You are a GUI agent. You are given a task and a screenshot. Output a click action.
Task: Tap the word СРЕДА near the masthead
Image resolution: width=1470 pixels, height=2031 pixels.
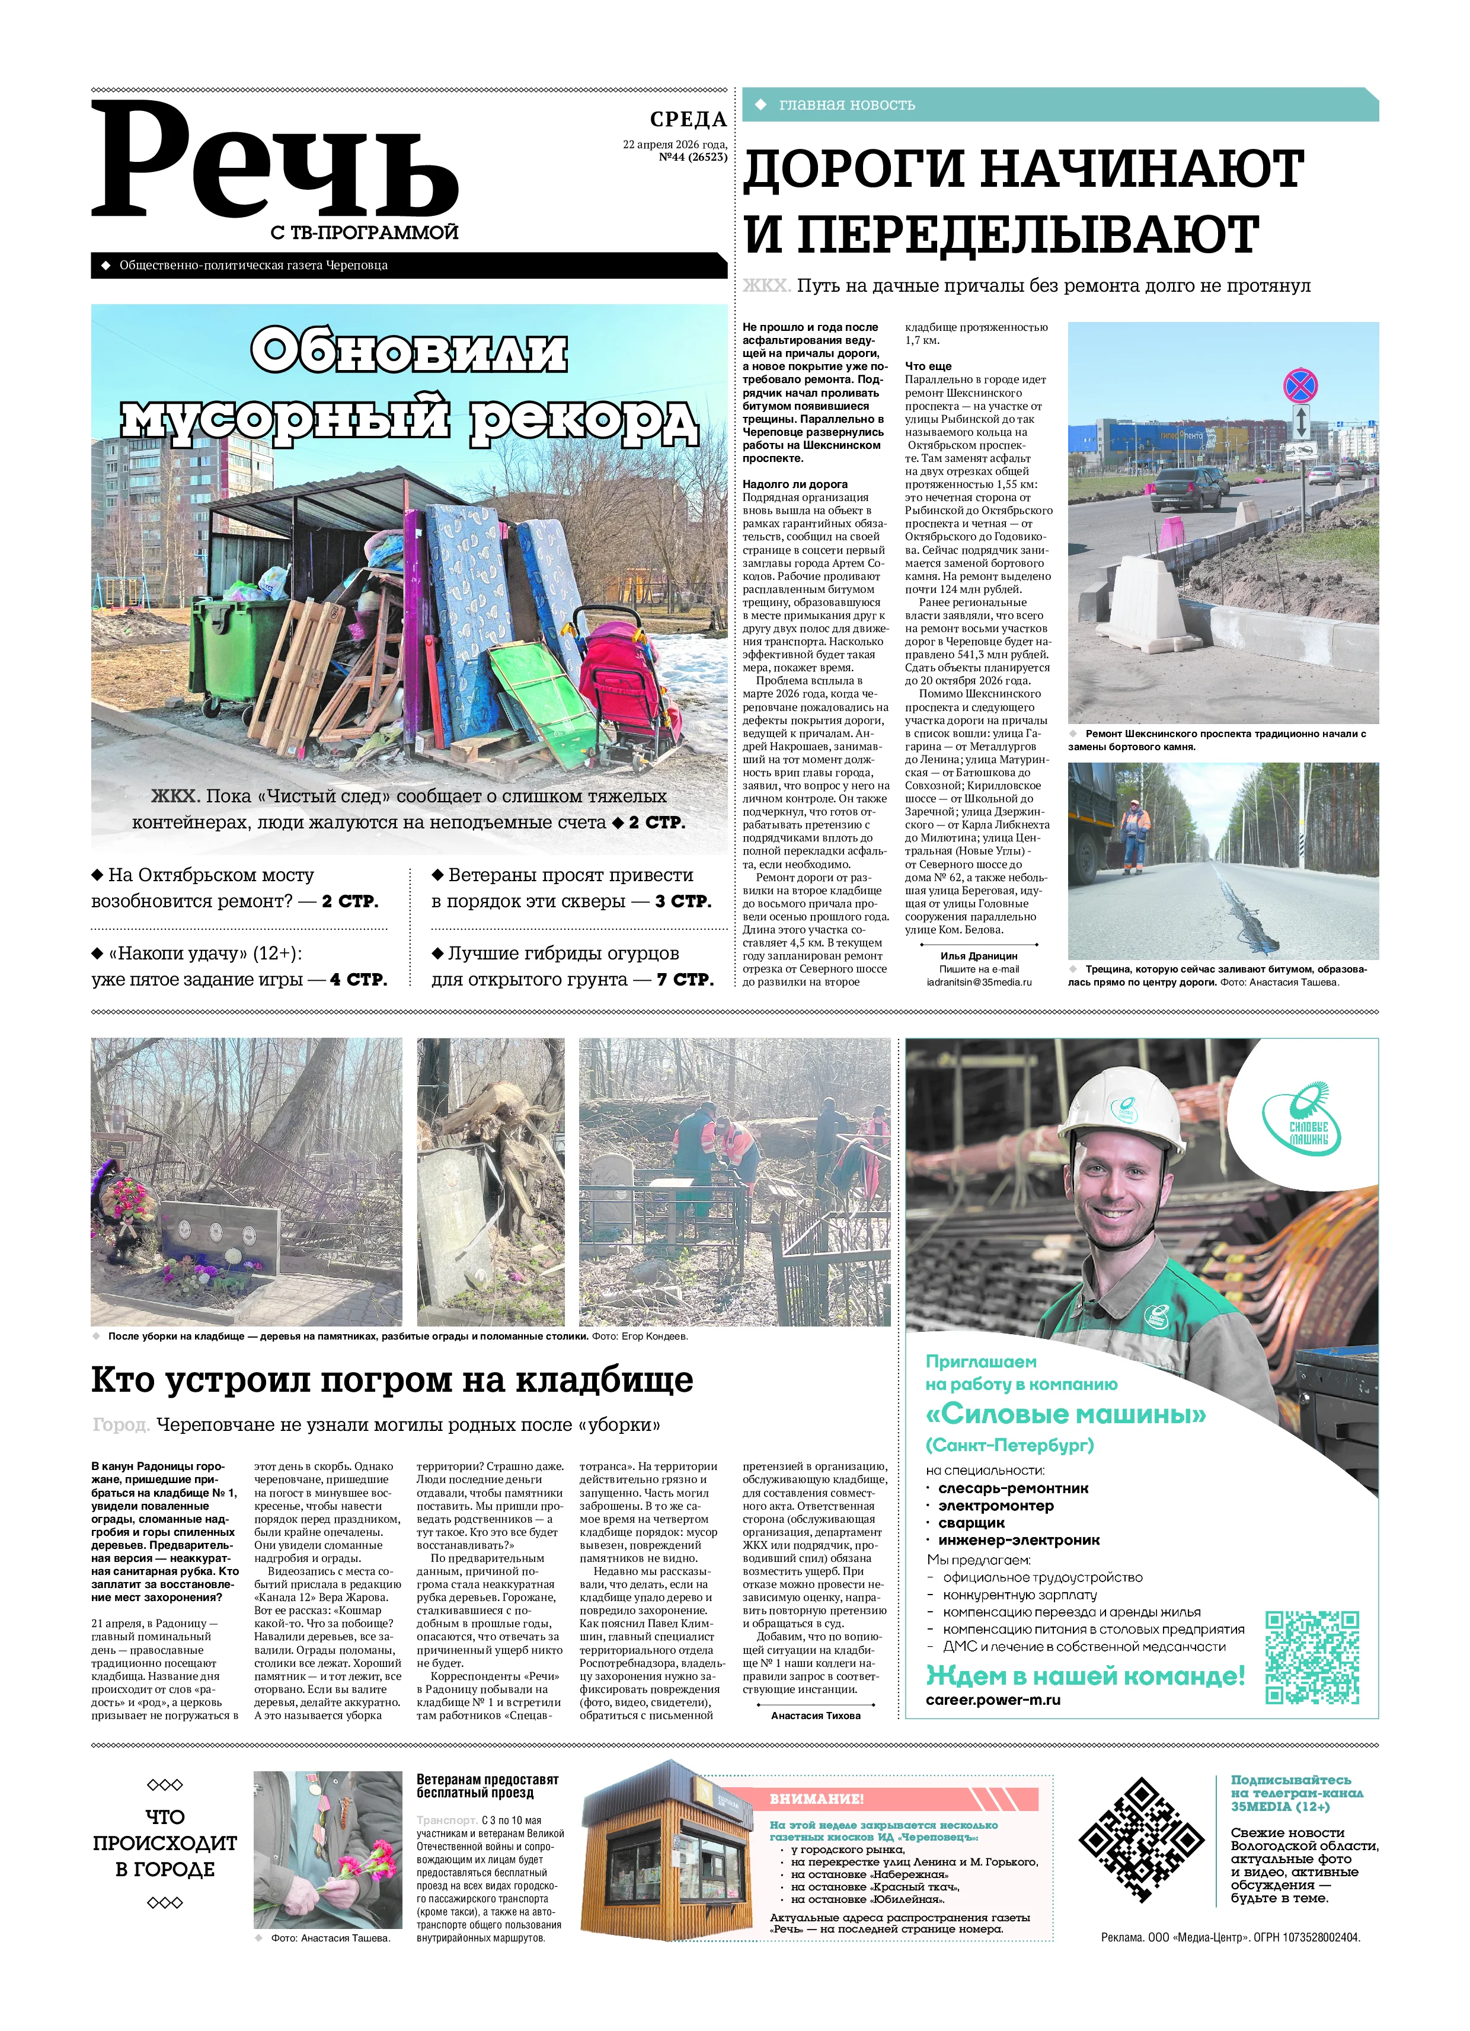tap(688, 119)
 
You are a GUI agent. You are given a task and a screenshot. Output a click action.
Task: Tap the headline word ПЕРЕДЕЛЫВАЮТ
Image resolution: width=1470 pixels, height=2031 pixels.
tap(1001, 235)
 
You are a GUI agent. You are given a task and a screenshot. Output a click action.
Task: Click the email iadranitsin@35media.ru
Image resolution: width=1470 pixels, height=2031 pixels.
tap(979, 981)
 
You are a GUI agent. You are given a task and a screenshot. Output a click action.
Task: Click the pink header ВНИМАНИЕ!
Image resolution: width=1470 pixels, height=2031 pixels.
tap(816, 1798)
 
